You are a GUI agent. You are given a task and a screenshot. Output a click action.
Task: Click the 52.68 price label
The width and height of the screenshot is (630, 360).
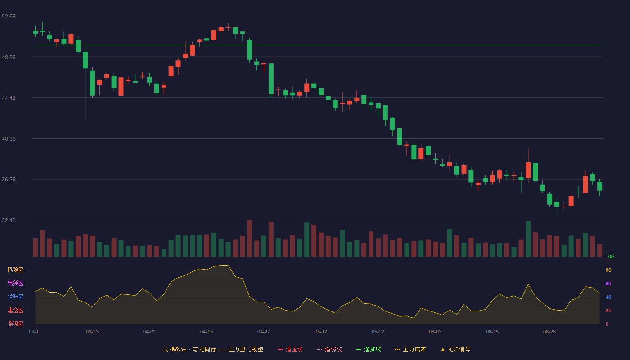click(9, 17)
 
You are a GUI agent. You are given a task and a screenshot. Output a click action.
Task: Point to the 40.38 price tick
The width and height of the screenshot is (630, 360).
click(9, 139)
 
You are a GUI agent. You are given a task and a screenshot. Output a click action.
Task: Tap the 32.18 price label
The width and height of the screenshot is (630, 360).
click(9, 220)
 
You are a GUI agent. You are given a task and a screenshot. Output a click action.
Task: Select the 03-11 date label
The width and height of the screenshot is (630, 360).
click(35, 332)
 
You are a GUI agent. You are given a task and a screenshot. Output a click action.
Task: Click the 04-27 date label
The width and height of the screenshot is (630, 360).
click(264, 332)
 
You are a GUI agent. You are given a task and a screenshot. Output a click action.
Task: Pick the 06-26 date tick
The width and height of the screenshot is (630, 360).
click(549, 332)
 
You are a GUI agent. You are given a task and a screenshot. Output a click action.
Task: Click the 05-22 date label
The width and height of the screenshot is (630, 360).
click(378, 332)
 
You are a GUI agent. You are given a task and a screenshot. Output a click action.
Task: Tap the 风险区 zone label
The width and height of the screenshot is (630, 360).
click(15, 270)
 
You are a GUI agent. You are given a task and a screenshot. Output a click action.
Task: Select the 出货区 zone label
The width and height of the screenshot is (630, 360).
click(15, 283)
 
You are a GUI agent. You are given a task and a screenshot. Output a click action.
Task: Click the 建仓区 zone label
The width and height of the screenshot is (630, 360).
click(15, 310)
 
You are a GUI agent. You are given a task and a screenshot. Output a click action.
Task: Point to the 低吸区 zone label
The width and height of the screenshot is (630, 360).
click(15, 324)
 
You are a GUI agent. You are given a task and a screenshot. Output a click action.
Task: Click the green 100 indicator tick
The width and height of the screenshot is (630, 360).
click(610, 256)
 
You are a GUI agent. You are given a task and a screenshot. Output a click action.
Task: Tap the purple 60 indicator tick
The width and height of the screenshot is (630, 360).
click(608, 283)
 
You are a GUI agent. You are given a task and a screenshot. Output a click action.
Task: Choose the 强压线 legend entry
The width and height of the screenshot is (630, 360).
click(290, 349)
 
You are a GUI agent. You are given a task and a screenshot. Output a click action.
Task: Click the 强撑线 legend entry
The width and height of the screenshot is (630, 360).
click(369, 349)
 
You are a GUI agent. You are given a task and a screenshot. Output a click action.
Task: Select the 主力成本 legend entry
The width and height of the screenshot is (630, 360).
click(410, 349)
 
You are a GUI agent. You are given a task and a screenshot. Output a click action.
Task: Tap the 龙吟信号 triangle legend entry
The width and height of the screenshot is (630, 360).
click(455, 349)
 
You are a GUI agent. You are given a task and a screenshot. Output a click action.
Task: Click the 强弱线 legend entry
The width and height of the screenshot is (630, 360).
click(329, 349)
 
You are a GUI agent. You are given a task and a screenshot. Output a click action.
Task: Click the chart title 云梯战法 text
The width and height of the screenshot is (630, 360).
click(175, 349)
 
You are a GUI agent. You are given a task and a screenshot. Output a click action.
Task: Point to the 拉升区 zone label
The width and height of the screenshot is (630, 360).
click(15, 297)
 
